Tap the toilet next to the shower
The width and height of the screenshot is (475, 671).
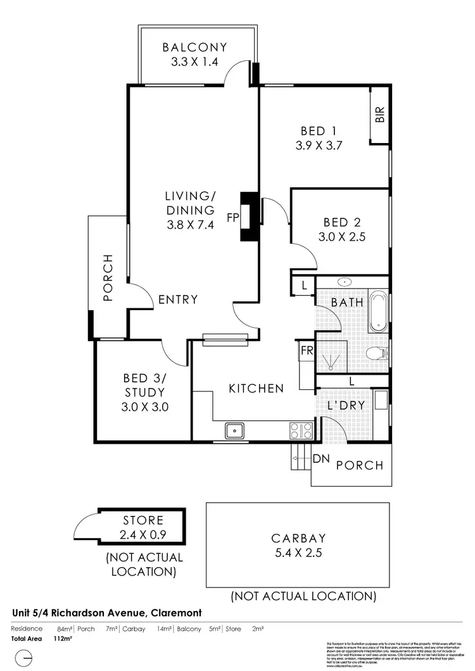pyautogui.click(x=379, y=353)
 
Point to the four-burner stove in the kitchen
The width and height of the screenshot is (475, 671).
pyautogui.click(x=301, y=430)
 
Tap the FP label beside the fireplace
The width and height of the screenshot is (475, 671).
pyautogui.click(x=232, y=218)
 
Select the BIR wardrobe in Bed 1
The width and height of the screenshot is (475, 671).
pyautogui.click(x=380, y=115)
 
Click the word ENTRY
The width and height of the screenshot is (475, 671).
pyautogui.click(x=178, y=299)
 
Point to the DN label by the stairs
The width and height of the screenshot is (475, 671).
pyautogui.click(x=320, y=459)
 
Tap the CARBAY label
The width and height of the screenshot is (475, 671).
pyautogui.click(x=298, y=539)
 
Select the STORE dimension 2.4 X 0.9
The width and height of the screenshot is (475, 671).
pyautogui.click(x=142, y=535)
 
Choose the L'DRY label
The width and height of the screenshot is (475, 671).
pyautogui.click(x=345, y=405)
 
